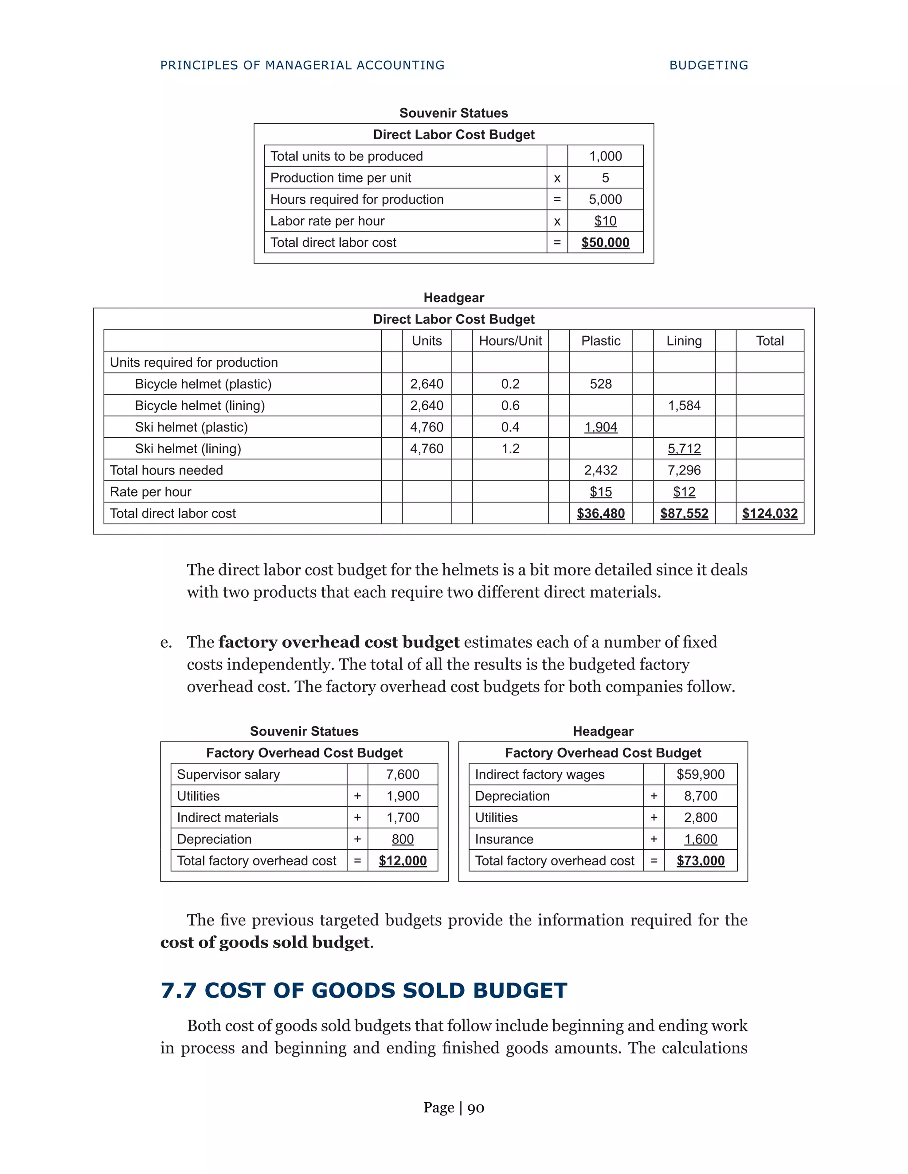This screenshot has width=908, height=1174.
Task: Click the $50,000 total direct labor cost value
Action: click(605, 242)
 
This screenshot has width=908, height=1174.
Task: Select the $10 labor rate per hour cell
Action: click(605, 221)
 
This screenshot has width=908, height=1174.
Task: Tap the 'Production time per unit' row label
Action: click(340, 178)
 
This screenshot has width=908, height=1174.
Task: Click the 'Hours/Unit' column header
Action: click(510, 341)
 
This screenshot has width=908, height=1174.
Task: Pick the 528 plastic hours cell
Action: click(600, 384)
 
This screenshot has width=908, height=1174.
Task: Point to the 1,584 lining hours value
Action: click(684, 405)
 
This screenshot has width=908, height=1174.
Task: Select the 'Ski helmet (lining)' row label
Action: click(188, 448)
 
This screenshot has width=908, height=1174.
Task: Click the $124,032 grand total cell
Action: click(769, 513)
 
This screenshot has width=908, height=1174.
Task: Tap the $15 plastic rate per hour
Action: click(600, 492)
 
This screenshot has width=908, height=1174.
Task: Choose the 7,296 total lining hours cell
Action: click(684, 470)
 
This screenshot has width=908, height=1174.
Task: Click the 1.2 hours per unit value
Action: click(510, 448)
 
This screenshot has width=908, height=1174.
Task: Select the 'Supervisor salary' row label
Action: click(228, 774)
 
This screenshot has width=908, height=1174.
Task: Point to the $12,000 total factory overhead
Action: click(403, 861)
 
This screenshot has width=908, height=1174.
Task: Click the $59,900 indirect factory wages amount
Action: click(701, 774)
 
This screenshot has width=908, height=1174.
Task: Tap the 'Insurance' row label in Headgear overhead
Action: click(504, 839)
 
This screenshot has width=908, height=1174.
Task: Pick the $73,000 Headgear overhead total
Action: click(701, 861)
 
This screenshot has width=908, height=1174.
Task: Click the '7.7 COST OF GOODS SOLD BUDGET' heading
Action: click(364, 990)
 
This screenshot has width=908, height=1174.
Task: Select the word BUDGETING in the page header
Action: click(708, 65)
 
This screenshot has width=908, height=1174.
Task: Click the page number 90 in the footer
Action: click(476, 1108)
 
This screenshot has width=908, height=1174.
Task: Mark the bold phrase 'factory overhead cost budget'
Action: click(339, 642)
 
